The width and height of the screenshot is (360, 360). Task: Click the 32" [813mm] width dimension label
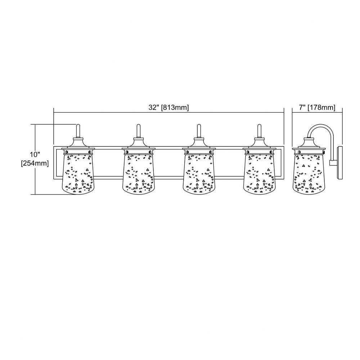(x=168, y=107)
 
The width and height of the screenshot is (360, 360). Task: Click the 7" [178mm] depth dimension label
(x=317, y=107)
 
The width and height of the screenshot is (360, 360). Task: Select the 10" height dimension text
(x=35, y=154)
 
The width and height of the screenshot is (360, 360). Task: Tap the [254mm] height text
(x=35, y=163)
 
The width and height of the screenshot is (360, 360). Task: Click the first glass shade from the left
(x=78, y=174)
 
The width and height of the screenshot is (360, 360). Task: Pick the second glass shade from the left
(x=139, y=174)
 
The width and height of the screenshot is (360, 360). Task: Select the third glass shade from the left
(x=199, y=174)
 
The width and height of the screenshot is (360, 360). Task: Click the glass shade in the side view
(x=309, y=174)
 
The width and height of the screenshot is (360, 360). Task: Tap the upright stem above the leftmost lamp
(x=78, y=131)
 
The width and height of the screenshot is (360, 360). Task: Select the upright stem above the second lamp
(x=139, y=131)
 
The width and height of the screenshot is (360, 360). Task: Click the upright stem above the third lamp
(x=199, y=131)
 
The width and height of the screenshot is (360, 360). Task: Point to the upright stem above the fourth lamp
(x=260, y=131)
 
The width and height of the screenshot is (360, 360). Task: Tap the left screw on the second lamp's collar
(x=127, y=152)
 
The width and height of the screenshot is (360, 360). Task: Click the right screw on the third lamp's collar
(x=211, y=152)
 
